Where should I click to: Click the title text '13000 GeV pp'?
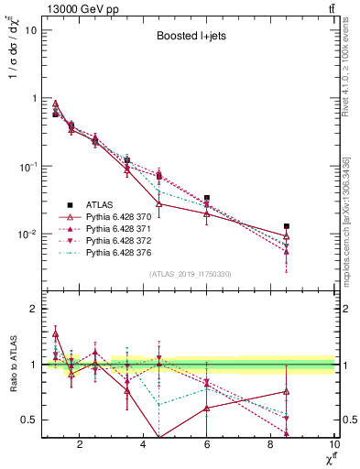[80, 9]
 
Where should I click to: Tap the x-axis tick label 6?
[207, 446]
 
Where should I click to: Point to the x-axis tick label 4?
[143, 446]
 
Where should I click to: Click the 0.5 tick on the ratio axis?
[29, 420]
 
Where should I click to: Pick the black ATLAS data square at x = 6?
[207, 198]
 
